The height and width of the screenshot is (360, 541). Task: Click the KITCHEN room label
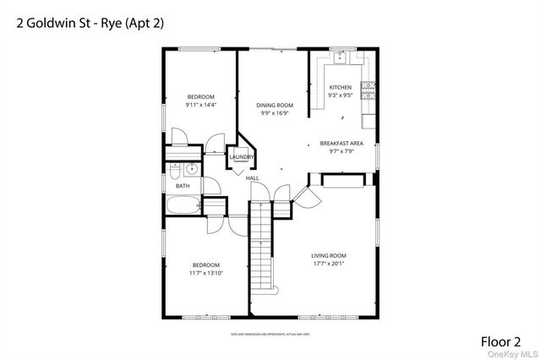pyautogui.click(x=340, y=88)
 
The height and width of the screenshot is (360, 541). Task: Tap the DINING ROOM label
pyautogui.click(x=274, y=106)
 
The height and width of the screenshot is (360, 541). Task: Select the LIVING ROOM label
pyautogui.click(x=329, y=255)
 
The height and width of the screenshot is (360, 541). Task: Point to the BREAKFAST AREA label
pyautogui.click(x=341, y=144)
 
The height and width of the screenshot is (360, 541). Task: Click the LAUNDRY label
pyautogui.click(x=241, y=157)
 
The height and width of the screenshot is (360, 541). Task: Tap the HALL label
pyautogui.click(x=252, y=178)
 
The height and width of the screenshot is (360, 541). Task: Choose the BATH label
pyautogui.click(x=183, y=186)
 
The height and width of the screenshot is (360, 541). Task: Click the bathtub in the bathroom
pyautogui.click(x=183, y=205)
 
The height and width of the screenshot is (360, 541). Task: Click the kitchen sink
pyautogui.click(x=340, y=58)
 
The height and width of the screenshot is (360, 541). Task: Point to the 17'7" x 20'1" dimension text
pyautogui.click(x=329, y=264)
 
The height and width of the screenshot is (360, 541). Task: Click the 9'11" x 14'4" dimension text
pyautogui.click(x=200, y=105)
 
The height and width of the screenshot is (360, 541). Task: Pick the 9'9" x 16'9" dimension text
pyautogui.click(x=274, y=113)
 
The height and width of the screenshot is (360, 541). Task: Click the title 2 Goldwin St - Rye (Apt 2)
pyautogui.click(x=90, y=23)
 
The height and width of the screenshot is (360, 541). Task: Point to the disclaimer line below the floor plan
pyautogui.click(x=268, y=335)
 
